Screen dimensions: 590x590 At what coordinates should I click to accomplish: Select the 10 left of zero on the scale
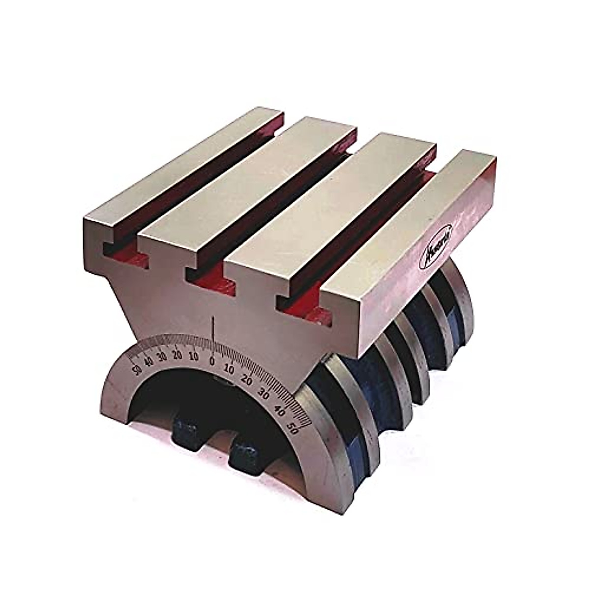pos(193,356)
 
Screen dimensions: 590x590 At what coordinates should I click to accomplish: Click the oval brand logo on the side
pos(437,245)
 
